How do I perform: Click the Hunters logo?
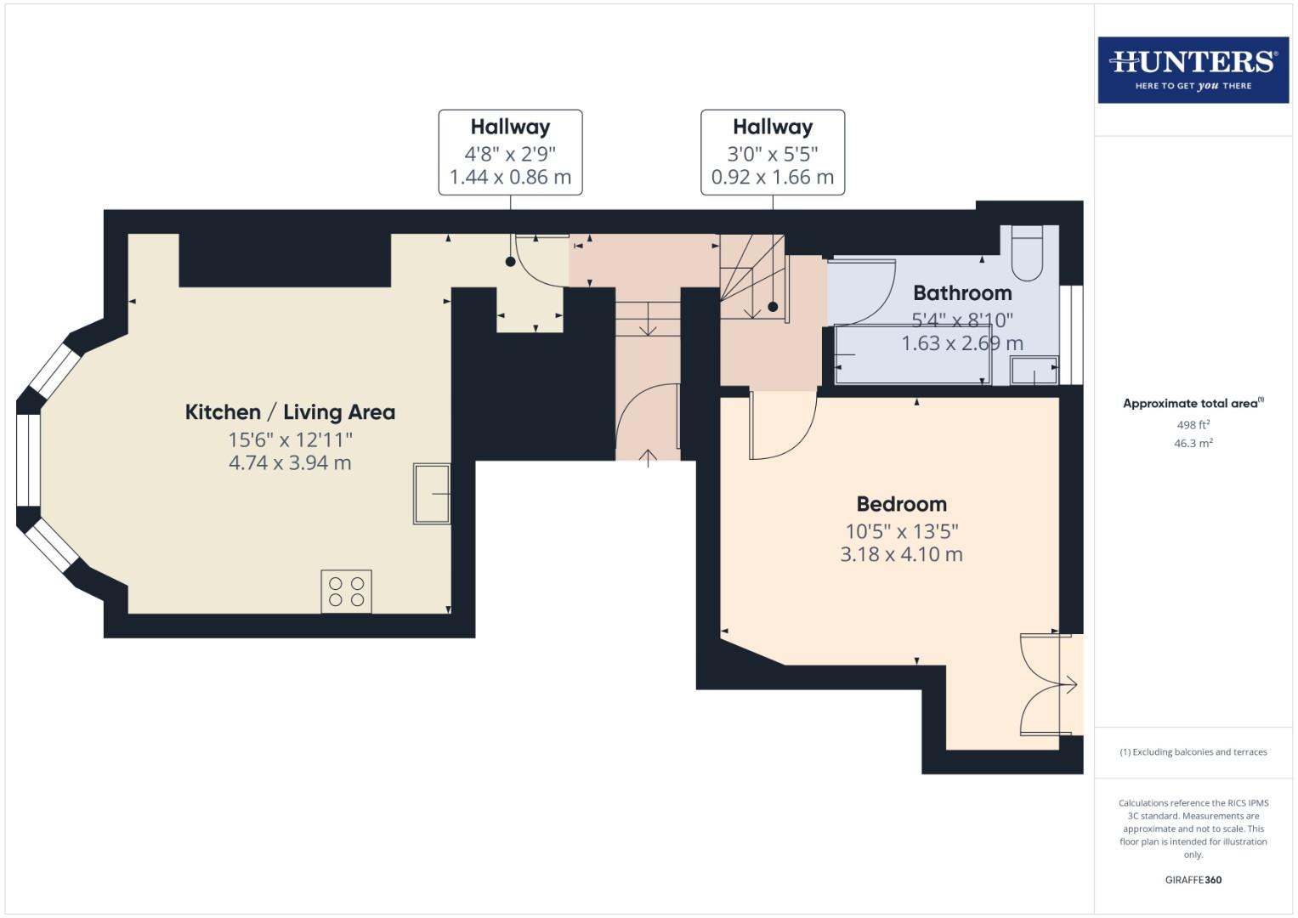click(x=1193, y=70)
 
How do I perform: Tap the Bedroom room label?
click(x=901, y=504)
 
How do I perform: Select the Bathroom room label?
click(x=962, y=293)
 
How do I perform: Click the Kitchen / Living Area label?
click(x=290, y=412)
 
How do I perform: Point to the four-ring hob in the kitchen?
click(x=346, y=591)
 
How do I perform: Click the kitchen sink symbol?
click(x=432, y=493)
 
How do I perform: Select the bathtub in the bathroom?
click(x=913, y=354)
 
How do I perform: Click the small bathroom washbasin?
click(x=1034, y=371)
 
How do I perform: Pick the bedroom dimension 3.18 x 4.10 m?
click(x=901, y=554)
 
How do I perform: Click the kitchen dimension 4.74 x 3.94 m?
click(x=290, y=463)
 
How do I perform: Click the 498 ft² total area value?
click(x=1193, y=425)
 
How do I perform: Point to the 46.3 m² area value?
click(x=1193, y=443)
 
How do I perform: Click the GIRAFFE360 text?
click(x=1193, y=880)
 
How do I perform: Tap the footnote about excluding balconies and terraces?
click(x=1193, y=752)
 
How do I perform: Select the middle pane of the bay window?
click(x=28, y=460)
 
